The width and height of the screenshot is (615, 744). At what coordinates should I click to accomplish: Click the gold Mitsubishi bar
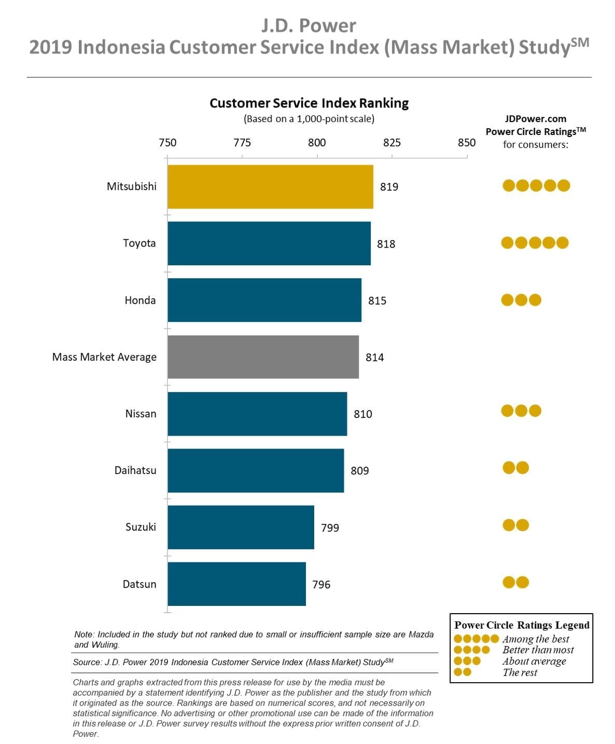[x=270, y=186]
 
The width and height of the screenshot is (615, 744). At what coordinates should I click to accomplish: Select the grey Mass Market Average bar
[x=263, y=357]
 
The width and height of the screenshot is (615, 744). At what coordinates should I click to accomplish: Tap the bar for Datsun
[x=236, y=584]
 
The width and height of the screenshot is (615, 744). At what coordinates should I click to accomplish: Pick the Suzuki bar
[x=241, y=527]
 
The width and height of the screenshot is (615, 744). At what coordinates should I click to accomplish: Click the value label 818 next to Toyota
[x=386, y=244]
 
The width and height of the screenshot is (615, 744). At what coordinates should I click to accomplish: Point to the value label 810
[x=362, y=414]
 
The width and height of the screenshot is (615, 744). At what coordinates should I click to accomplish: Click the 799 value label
[x=330, y=527]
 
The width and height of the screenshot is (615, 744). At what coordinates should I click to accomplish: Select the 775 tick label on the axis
[x=242, y=143]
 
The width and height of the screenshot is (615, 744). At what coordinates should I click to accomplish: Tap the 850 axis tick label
[x=467, y=143]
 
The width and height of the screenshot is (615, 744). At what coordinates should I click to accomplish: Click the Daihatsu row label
[x=135, y=470]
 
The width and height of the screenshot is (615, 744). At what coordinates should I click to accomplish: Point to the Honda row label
[x=140, y=301]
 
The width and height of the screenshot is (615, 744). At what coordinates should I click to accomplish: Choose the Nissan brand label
[x=141, y=414]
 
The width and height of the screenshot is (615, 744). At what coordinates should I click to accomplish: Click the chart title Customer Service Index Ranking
[x=309, y=103]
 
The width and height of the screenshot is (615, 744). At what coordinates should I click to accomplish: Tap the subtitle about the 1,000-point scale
[x=309, y=119]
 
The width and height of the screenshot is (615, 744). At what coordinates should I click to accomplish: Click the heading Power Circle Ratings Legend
[x=522, y=625]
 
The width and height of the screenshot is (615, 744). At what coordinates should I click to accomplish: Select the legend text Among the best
[x=536, y=639]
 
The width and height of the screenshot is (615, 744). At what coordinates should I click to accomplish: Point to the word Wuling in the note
[x=105, y=645]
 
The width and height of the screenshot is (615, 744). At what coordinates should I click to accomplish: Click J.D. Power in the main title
[x=309, y=25]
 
